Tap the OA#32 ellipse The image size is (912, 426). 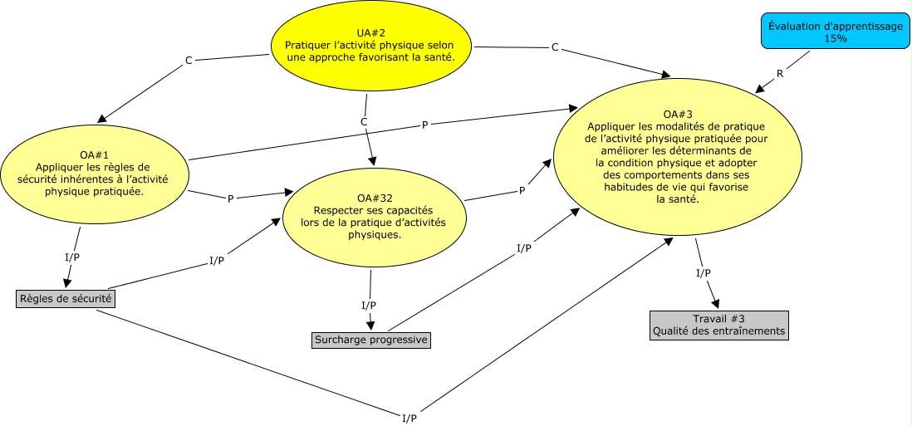[373, 216]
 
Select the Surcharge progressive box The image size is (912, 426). [370, 340]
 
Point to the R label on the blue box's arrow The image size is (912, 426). [779, 74]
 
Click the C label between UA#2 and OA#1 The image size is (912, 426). [189, 60]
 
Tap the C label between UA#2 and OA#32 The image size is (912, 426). [364, 122]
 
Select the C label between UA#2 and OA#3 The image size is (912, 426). [555, 47]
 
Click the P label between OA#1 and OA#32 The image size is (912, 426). [230, 198]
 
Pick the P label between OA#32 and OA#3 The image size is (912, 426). [522, 191]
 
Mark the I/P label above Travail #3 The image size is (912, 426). [703, 273]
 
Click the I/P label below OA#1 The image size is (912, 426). [72, 257]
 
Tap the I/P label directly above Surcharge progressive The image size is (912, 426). [369, 305]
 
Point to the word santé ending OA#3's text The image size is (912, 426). [678, 199]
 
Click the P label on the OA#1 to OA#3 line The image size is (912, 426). [425, 125]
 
